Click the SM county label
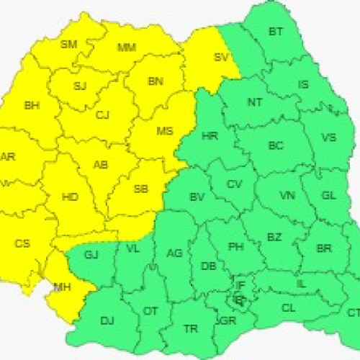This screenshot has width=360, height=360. [68, 45]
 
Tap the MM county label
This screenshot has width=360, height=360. [126, 48]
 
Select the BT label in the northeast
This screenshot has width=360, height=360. [276, 32]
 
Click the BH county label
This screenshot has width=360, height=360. [32, 106]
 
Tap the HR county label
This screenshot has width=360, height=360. [210, 135]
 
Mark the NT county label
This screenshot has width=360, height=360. [255, 102]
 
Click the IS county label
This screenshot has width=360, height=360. [303, 85]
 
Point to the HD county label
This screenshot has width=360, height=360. [71, 197]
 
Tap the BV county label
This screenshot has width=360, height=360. [197, 197]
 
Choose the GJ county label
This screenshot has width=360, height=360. [91, 254]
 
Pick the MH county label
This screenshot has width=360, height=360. [63, 289]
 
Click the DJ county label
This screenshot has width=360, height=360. [107, 320]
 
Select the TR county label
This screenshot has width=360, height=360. [190, 329]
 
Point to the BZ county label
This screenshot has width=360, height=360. [274, 237]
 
